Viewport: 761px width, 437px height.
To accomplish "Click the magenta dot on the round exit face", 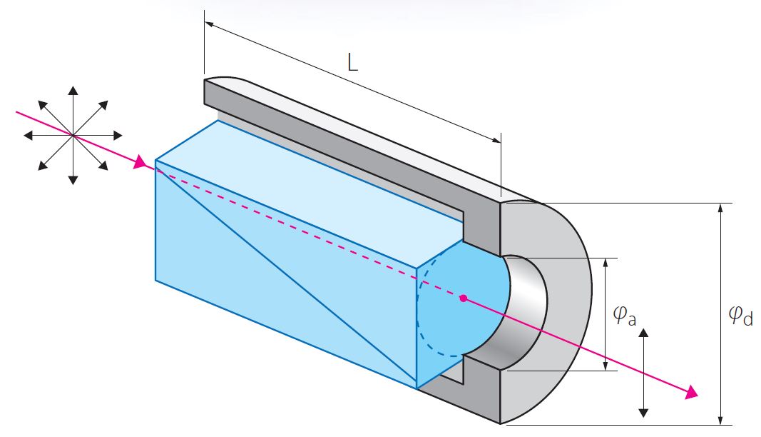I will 464,298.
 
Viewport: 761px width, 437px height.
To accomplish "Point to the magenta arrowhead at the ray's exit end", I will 690,392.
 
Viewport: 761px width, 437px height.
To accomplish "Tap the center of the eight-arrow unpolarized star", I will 73,134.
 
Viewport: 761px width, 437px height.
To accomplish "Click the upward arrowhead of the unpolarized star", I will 73,91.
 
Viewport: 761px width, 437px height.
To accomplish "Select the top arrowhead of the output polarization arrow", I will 643,333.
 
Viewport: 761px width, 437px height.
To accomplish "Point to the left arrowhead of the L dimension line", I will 208,23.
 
